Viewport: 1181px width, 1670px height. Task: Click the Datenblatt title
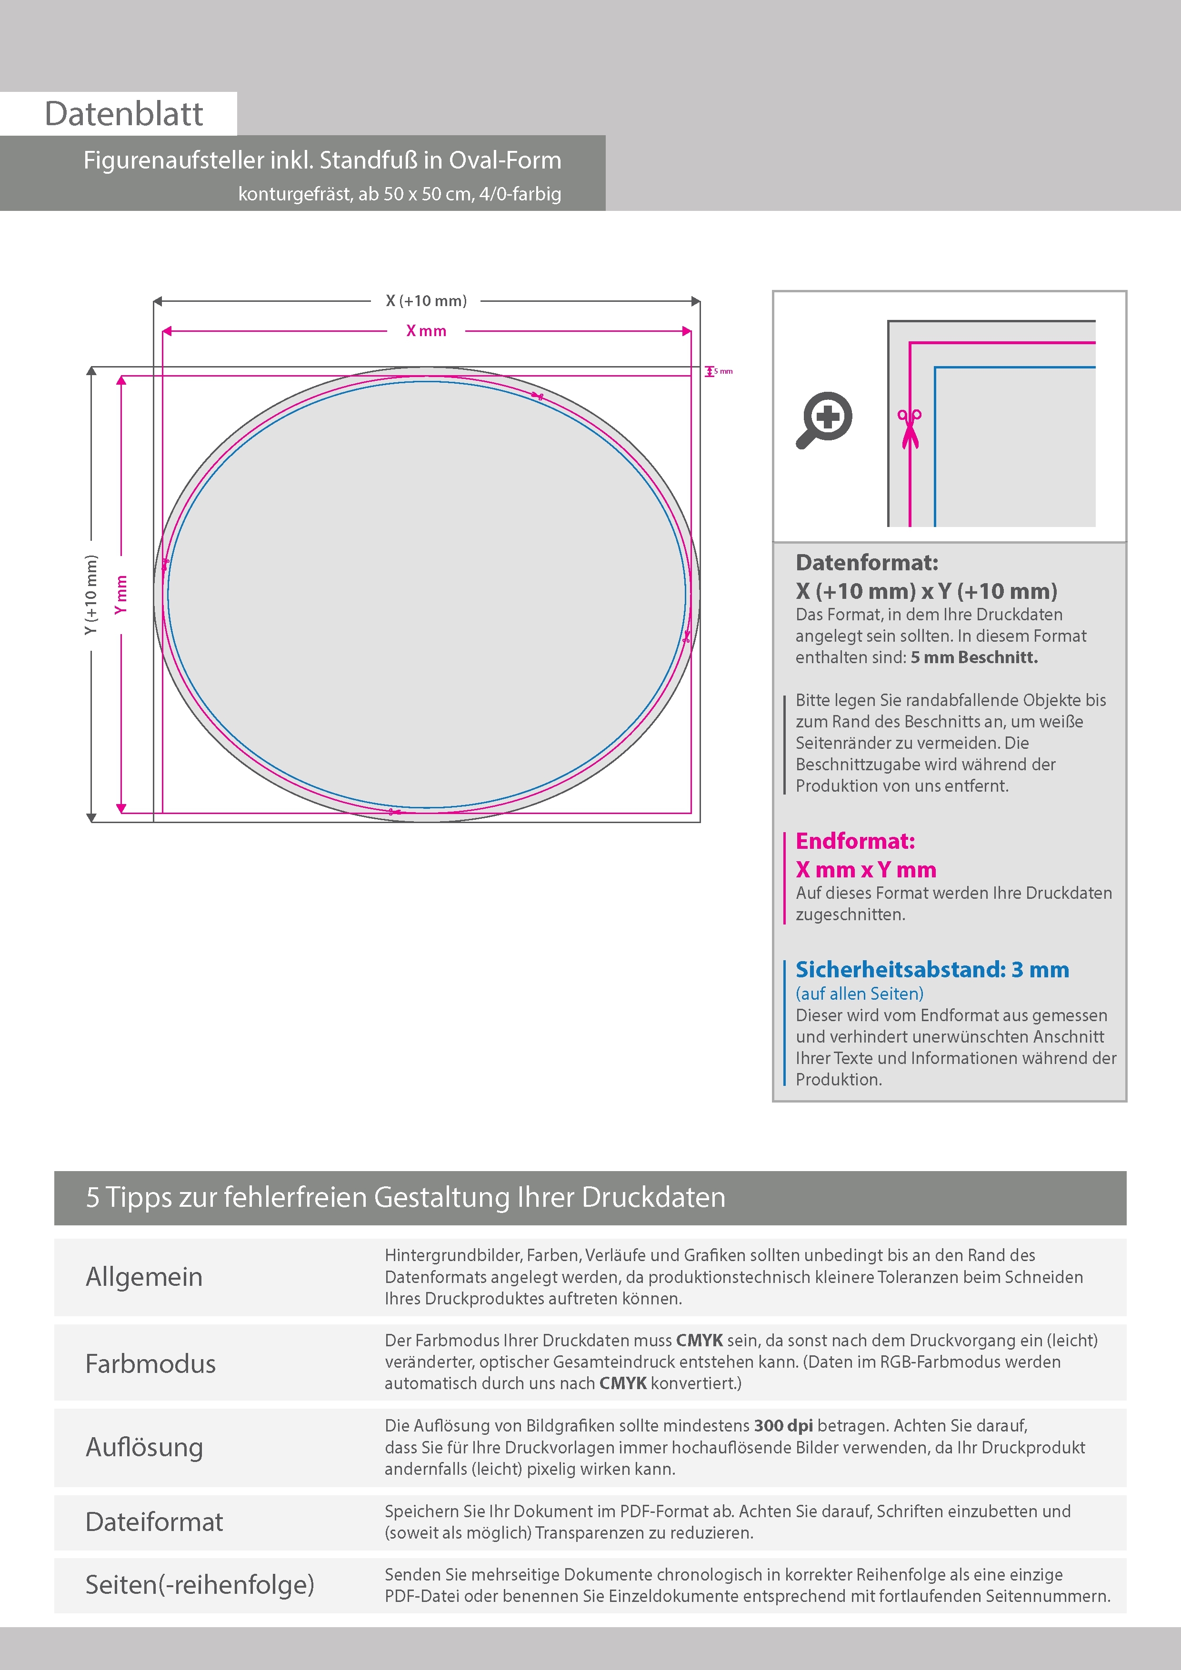[124, 114]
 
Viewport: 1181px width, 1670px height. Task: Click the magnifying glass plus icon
[824, 420]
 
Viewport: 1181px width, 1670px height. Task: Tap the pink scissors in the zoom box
[910, 428]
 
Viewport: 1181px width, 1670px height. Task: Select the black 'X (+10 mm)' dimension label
[426, 300]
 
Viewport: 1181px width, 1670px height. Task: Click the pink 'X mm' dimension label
[426, 331]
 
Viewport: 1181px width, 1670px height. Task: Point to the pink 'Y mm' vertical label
[121, 594]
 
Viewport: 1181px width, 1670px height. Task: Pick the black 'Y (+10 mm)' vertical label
[91, 594]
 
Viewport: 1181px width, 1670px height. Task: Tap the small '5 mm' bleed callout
[722, 371]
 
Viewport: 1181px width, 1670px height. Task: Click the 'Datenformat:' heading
[867, 562]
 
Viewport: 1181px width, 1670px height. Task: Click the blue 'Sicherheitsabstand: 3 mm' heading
[932, 970]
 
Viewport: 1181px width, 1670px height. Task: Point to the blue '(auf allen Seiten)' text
[860, 994]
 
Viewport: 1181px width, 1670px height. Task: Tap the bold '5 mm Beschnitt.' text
[974, 657]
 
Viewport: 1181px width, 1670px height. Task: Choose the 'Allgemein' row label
[144, 1277]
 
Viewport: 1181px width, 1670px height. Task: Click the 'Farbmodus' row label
[150, 1364]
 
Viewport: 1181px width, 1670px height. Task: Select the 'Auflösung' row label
[144, 1447]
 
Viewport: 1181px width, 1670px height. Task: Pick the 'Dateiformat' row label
[154, 1522]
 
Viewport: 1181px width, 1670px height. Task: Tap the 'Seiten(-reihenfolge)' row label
[200, 1585]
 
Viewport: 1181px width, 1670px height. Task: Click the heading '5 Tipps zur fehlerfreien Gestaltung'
[405, 1197]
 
